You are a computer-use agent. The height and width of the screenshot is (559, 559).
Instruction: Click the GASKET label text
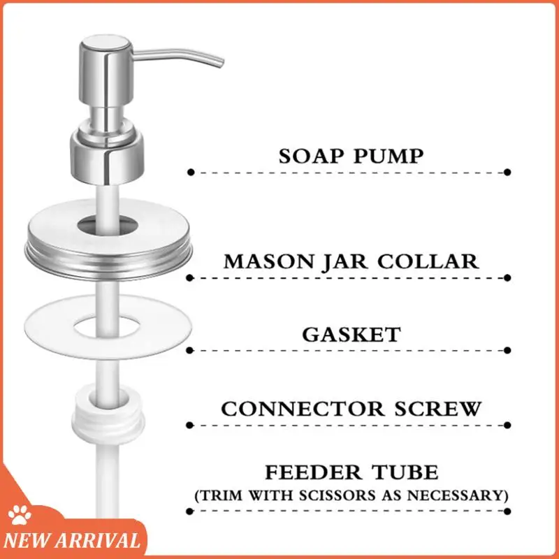tap(351, 334)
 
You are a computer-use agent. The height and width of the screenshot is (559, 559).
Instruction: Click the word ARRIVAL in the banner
tap(104, 540)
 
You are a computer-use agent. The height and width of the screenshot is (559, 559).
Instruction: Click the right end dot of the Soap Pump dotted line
tap(507, 171)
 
